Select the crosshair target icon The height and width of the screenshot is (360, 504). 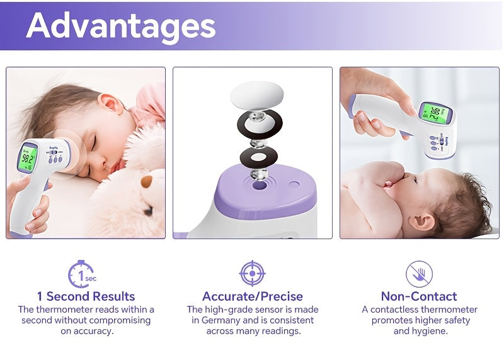[252, 273]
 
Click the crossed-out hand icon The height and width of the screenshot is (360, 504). [419, 274]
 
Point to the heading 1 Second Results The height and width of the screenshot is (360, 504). [86, 296]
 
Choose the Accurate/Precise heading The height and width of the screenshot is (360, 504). [252, 296]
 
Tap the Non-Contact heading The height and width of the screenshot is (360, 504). [419, 296]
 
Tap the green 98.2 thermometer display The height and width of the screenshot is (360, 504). [28, 159]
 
